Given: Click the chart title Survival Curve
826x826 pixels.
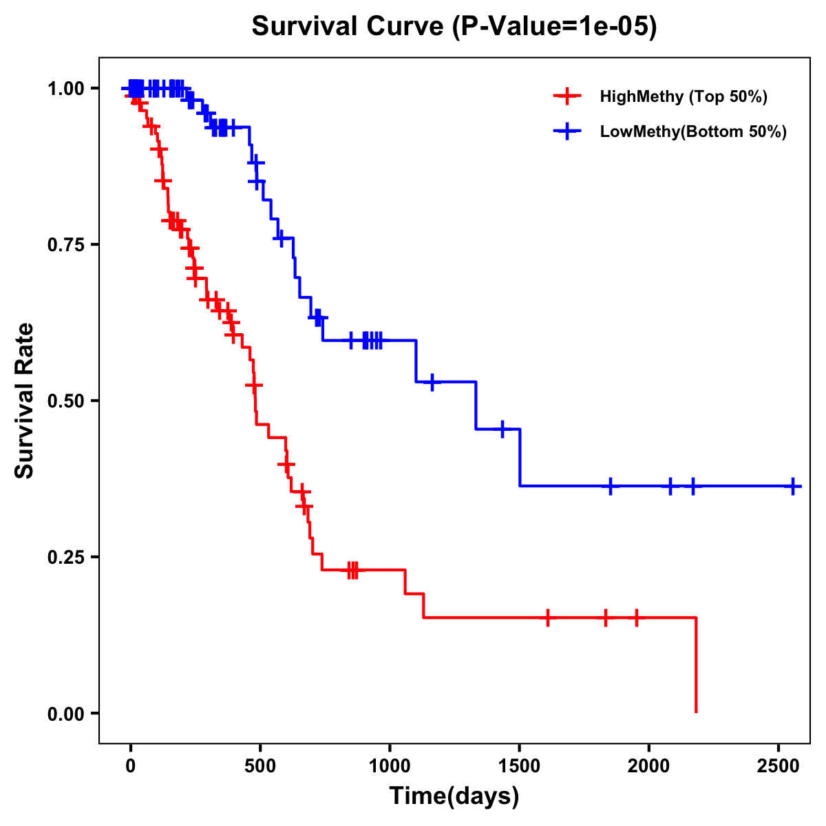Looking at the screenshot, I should point(454,27).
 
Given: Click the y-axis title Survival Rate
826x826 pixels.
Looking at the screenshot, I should point(25,400).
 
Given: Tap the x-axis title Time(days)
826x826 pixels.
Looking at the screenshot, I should point(454,796).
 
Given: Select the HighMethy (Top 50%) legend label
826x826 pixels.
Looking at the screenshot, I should point(684,96).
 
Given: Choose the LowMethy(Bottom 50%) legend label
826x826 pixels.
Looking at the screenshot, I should point(693,131).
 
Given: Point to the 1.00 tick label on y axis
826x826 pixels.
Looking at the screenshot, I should point(65,89).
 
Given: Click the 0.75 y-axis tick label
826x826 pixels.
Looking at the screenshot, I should point(65,245).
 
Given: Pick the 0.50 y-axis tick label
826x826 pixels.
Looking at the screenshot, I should point(65,401).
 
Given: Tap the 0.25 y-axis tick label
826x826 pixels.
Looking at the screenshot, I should point(65,558).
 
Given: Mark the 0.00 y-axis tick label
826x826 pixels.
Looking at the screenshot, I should point(65,714).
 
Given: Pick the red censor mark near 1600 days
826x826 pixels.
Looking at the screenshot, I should point(547,617).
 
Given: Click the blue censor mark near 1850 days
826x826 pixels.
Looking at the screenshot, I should point(610,486).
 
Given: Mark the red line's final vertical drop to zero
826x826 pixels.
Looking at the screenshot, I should point(696,665).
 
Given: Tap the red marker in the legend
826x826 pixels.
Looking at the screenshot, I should point(566,96).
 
